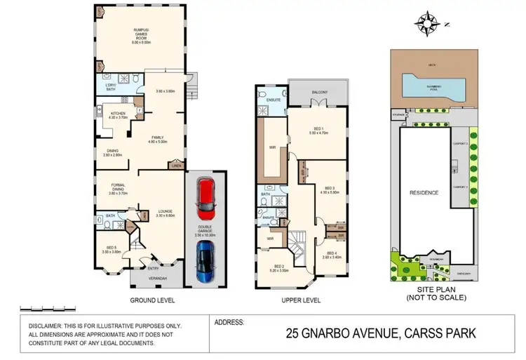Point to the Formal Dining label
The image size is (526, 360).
(x=117, y=188)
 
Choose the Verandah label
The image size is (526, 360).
(x=157, y=279)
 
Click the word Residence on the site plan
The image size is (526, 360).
(x=424, y=192)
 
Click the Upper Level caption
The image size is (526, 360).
(x=300, y=300)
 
